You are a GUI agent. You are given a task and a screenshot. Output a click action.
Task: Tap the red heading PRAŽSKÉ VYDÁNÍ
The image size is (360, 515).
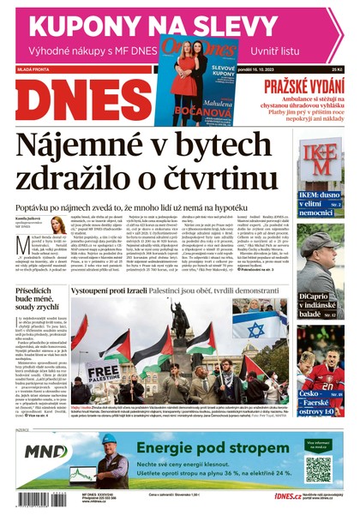[302, 86]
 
